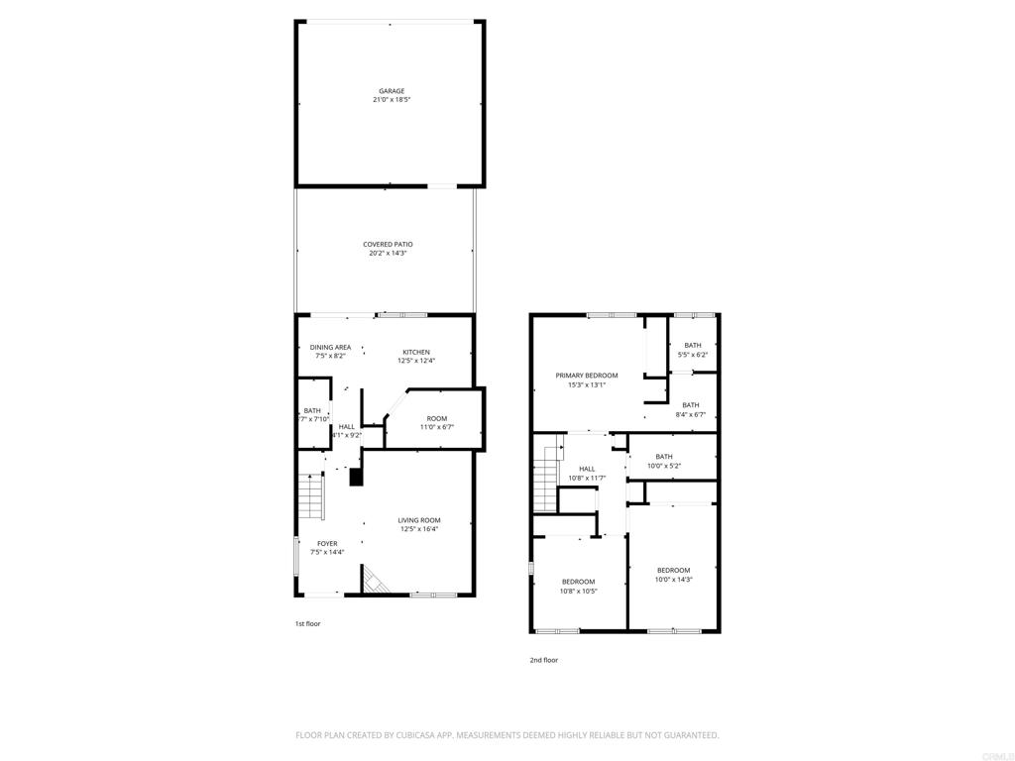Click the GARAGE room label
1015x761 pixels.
(392, 91)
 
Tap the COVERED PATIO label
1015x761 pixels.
(388, 245)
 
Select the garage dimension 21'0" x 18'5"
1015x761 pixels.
(392, 100)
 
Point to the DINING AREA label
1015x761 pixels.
(330, 348)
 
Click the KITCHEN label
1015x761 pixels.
(416, 353)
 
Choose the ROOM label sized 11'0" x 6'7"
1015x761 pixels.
(437, 419)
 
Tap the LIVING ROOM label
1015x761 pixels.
(419, 520)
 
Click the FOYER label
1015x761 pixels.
(327, 544)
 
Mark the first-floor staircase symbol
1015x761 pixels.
(310, 496)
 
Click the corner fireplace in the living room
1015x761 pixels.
(373, 581)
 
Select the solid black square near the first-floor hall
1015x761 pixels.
(356, 477)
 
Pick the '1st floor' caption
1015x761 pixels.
(307, 624)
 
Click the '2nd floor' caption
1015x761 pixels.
(544, 660)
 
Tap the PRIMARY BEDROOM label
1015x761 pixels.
(587, 376)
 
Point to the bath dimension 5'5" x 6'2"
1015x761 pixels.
(693, 355)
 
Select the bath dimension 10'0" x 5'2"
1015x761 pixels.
(663, 466)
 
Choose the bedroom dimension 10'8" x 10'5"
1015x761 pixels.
(578, 591)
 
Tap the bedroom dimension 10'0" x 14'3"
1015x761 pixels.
(673, 580)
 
